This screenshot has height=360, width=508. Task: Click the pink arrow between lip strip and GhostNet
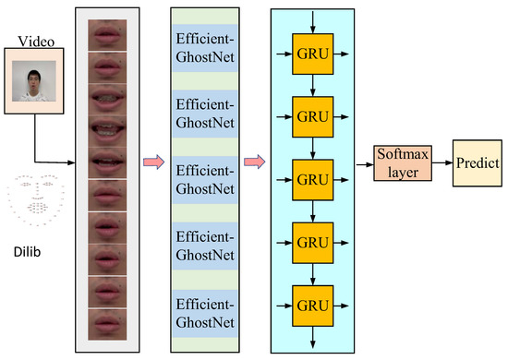coord(153,163)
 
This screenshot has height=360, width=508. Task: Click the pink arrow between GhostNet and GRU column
coord(252,163)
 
